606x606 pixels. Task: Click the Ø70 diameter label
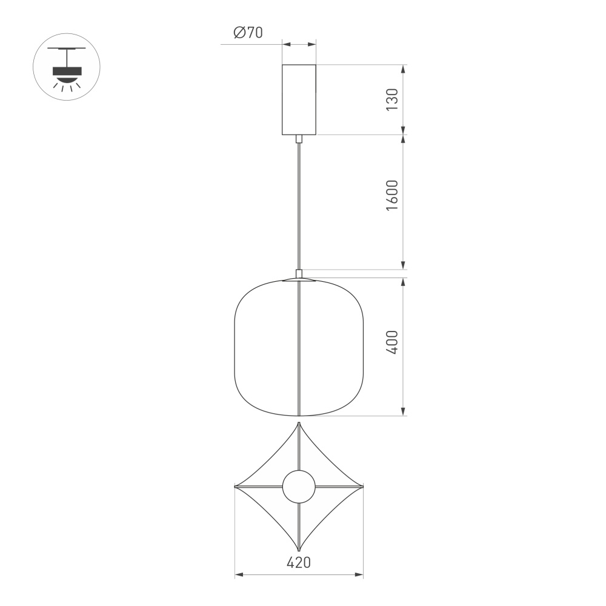(x=248, y=33)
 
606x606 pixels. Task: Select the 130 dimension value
(x=392, y=99)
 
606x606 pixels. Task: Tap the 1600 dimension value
(x=392, y=195)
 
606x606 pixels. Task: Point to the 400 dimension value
(x=392, y=342)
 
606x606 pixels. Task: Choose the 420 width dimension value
(x=299, y=562)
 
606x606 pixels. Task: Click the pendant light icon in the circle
(x=67, y=67)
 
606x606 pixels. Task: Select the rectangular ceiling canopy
(x=299, y=99)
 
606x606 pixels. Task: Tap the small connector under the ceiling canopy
(x=299, y=139)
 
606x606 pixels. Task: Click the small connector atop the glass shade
(x=299, y=273)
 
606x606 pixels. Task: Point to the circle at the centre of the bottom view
(x=299, y=487)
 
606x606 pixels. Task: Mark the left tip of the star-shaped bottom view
(x=236, y=487)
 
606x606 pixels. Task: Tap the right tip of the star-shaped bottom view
(x=362, y=487)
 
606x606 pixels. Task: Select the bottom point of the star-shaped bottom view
(x=299, y=549)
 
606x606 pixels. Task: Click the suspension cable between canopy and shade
(x=299, y=206)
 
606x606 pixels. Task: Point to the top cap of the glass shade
(x=299, y=280)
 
